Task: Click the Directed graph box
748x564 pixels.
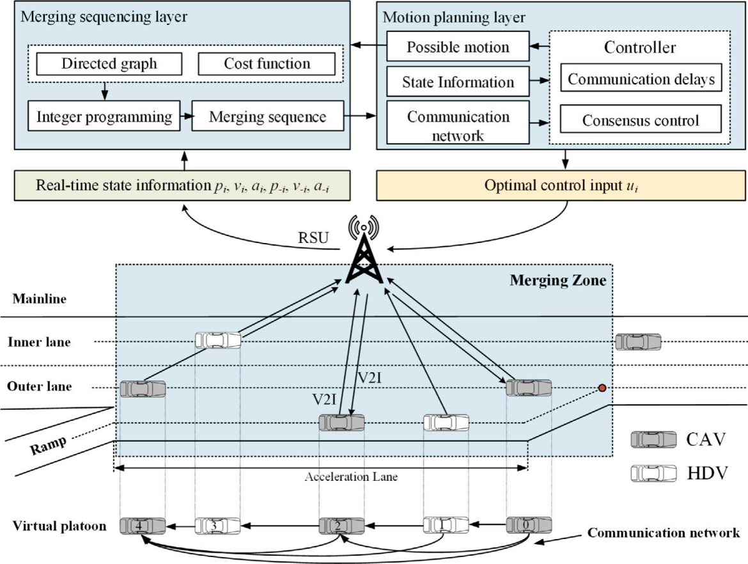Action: (x=109, y=64)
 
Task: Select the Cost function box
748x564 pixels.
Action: (x=267, y=64)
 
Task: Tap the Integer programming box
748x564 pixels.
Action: (x=104, y=117)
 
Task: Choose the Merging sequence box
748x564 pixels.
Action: (x=267, y=117)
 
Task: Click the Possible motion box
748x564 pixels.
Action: (x=458, y=47)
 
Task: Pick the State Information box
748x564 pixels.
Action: (x=458, y=82)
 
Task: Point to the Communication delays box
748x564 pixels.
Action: (x=641, y=80)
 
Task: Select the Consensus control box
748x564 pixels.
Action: (x=641, y=120)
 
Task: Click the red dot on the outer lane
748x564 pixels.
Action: (x=602, y=388)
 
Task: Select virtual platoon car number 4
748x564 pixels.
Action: (x=143, y=526)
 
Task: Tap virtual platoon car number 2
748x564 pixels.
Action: (x=341, y=526)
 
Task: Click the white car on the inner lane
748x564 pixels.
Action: (x=218, y=340)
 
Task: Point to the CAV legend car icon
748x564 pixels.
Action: (x=653, y=439)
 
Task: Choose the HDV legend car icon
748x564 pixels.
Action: (x=653, y=473)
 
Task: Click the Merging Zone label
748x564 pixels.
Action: (x=557, y=280)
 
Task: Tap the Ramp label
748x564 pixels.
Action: (x=49, y=444)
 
